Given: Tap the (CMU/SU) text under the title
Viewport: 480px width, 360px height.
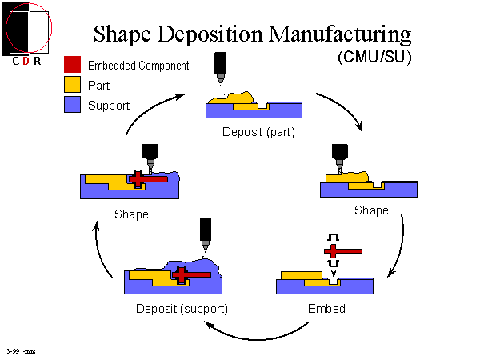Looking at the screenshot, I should [370, 58].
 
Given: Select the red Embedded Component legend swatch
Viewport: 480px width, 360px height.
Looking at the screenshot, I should [72, 65].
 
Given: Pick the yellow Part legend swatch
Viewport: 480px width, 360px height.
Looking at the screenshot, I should [72, 84].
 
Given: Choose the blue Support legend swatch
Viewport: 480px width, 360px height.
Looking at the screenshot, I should [72, 104].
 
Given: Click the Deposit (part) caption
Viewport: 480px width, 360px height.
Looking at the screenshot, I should [259, 131].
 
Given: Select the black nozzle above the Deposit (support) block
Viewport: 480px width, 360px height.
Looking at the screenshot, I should [206, 231].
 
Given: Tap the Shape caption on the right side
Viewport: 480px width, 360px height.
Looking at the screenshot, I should [371, 210].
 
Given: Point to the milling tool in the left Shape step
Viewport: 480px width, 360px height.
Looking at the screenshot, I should [148, 154].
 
